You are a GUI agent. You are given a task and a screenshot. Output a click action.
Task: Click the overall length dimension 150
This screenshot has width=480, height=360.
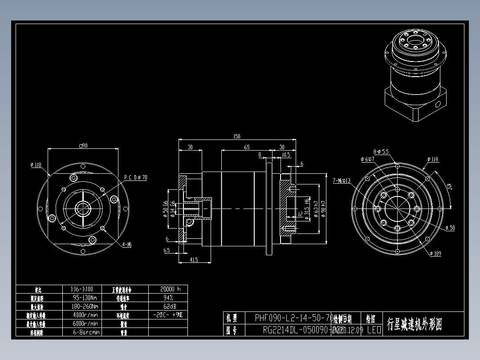[236, 137]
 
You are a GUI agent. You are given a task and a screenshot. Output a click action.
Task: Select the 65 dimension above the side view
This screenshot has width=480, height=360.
[247, 147]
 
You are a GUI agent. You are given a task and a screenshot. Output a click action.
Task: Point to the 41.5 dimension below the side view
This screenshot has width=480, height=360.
[194, 259]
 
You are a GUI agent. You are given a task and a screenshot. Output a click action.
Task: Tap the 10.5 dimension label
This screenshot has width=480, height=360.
[286, 155]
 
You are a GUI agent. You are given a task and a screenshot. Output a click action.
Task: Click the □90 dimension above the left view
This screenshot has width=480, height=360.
[82, 145]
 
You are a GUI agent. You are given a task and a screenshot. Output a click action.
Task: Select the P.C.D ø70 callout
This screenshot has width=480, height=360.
[135, 177]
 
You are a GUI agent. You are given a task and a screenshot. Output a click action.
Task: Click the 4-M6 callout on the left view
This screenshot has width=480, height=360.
[127, 245]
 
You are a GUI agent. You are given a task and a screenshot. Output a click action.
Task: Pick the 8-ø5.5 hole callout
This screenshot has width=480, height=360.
[381, 151]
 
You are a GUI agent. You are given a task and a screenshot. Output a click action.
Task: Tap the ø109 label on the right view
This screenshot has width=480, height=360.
[435, 254]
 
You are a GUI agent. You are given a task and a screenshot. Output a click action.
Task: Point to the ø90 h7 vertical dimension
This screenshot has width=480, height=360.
[323, 209]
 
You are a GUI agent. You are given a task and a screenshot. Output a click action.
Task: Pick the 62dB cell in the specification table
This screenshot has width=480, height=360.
[168, 307]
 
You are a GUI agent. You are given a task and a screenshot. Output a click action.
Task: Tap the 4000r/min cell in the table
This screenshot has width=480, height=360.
[85, 315]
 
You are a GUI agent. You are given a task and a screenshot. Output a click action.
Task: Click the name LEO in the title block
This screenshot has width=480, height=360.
[374, 330]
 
